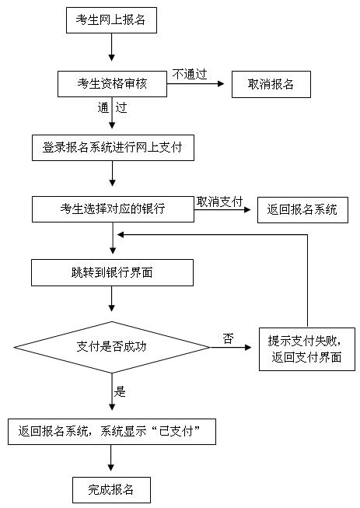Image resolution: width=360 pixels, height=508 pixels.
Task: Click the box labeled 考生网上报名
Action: pos(111,22)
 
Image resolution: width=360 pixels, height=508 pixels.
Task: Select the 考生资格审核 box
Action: pos(113,84)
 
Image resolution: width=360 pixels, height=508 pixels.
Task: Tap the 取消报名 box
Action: pos(271,84)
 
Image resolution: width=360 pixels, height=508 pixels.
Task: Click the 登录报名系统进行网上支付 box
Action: pos(113,147)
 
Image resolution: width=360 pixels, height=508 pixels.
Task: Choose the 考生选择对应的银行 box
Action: pos(113,208)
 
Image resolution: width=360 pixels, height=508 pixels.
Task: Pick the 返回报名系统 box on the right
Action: pos(302,209)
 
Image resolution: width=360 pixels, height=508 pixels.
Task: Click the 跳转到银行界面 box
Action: pos(113,272)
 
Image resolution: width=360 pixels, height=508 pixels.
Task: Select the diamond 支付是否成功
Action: pos(113,345)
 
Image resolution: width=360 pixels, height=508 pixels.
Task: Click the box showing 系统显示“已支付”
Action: pos(111,431)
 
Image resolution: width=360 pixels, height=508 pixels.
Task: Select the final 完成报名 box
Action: pos(111,489)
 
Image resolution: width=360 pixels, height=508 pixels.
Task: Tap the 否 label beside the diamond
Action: pos(228,338)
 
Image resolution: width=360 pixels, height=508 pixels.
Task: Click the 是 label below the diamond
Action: pos(120,391)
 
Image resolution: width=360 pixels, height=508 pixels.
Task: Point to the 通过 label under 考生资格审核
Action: pos(112,107)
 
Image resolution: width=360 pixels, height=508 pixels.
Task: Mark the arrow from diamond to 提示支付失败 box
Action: pos(233,346)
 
